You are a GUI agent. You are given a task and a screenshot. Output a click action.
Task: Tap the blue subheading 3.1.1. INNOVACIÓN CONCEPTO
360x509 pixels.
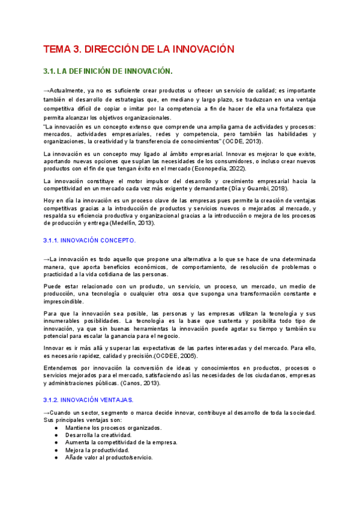(x=90, y=240)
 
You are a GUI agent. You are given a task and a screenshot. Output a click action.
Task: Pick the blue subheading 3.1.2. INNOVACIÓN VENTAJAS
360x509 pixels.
(x=89, y=399)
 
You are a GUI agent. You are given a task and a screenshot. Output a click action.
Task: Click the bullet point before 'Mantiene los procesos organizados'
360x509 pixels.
(x=56, y=428)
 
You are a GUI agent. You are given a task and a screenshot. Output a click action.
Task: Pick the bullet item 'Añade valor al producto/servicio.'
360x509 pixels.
(x=109, y=457)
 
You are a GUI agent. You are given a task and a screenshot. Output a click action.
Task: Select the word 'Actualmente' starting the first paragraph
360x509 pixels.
(x=68, y=89)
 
